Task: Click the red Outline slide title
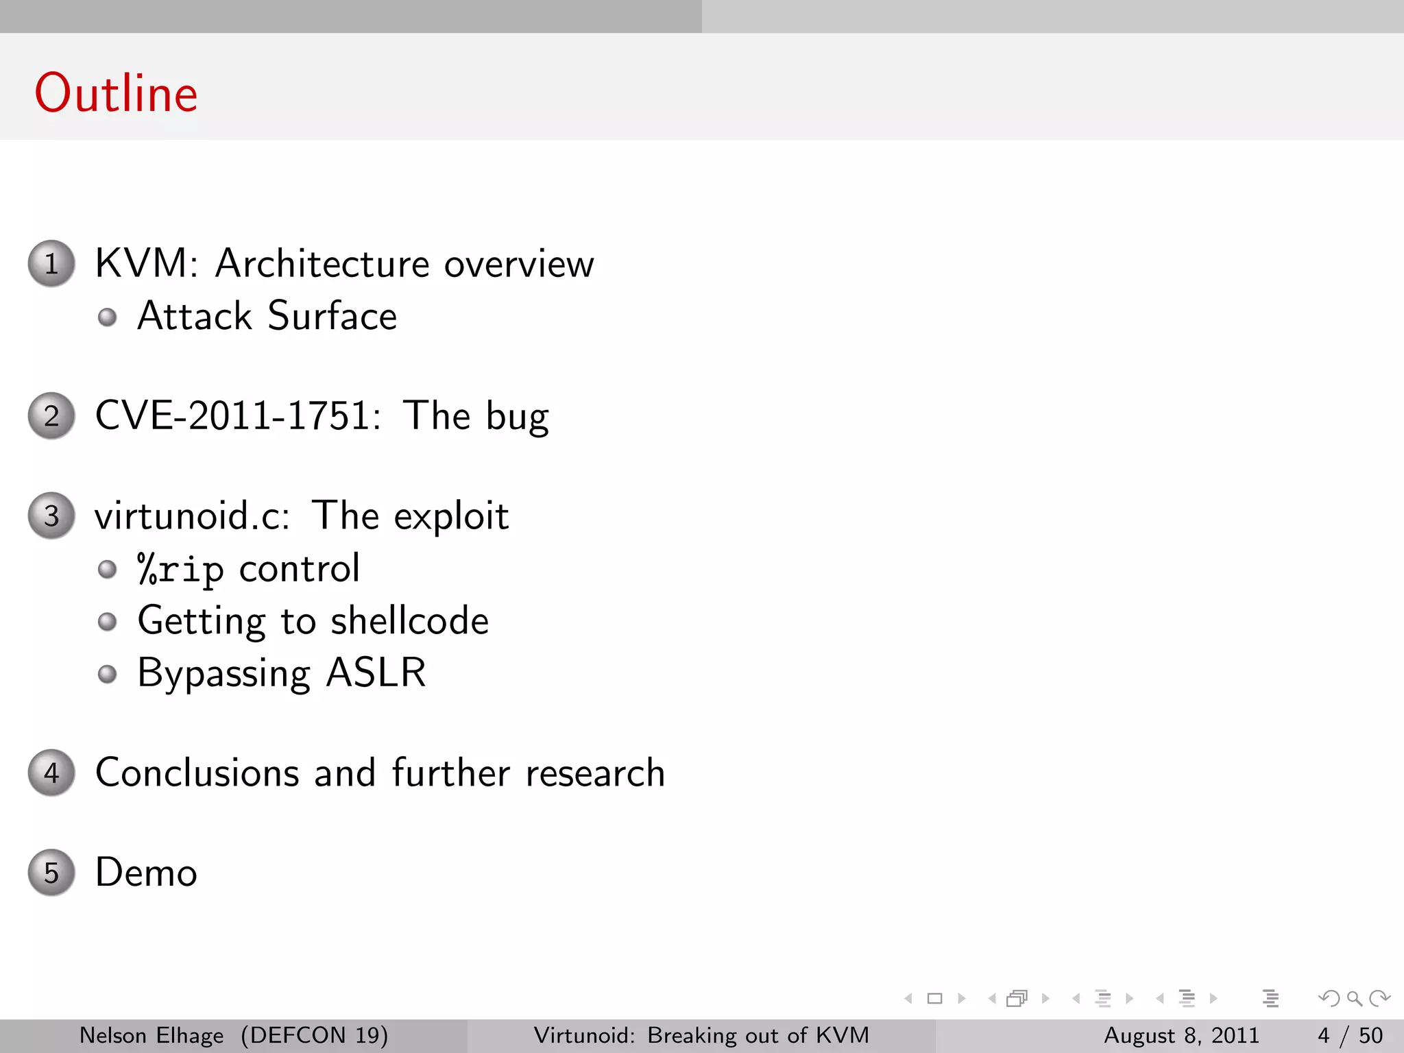point(116,93)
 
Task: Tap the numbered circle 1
point(51,263)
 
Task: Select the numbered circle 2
point(51,415)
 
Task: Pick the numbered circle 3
point(51,516)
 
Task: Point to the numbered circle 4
point(51,773)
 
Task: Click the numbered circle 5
point(51,873)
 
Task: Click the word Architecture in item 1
point(322,263)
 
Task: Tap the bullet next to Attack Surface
point(107,317)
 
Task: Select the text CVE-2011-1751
point(237,415)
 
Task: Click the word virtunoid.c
point(192,516)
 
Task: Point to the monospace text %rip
point(180,569)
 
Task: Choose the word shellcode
point(409,621)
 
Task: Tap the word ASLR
point(376,673)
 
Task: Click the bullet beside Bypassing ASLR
point(107,674)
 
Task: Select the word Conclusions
point(197,773)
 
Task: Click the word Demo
point(146,873)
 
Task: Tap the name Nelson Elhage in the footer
point(152,1035)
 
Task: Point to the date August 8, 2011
point(1181,1035)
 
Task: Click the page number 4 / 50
point(1349,1035)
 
